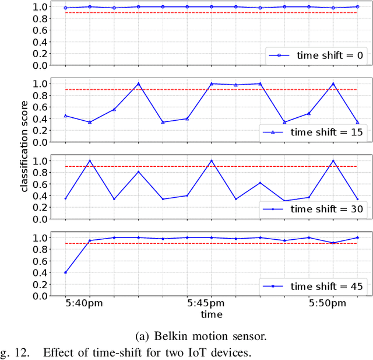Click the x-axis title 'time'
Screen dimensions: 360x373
tap(211, 314)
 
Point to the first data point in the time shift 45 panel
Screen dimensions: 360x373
tap(65, 272)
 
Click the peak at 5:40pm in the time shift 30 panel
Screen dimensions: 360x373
tap(90, 160)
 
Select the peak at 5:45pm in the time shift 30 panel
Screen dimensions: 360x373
tap(212, 160)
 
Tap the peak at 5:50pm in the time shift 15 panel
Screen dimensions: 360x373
tap(333, 83)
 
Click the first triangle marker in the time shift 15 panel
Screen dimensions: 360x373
tap(65, 116)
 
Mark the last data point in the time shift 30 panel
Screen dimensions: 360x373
tap(357, 199)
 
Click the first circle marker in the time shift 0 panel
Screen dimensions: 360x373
tap(65, 8)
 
